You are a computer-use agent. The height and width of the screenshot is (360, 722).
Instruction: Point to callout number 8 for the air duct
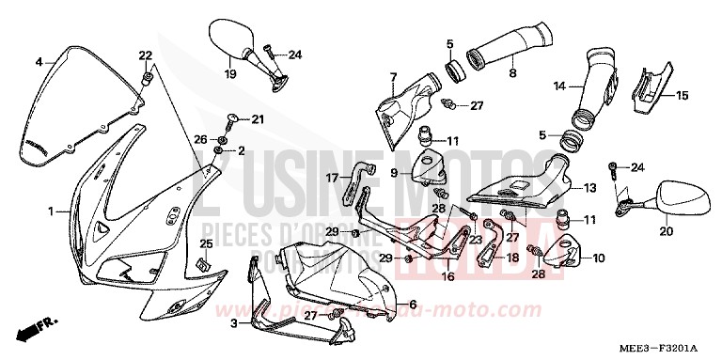pos(512,70)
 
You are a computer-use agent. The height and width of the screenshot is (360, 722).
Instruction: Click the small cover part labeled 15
pos(650,84)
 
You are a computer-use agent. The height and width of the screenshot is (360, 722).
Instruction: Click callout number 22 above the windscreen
pos(146,55)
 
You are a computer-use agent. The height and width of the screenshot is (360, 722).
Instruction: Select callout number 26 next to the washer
pos(199,138)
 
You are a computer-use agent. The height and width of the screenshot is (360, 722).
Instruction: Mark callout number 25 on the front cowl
pos(206,243)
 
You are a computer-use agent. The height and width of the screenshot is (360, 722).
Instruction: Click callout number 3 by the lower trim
pos(233,321)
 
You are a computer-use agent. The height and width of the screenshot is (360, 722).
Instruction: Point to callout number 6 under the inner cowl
pos(412,304)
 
